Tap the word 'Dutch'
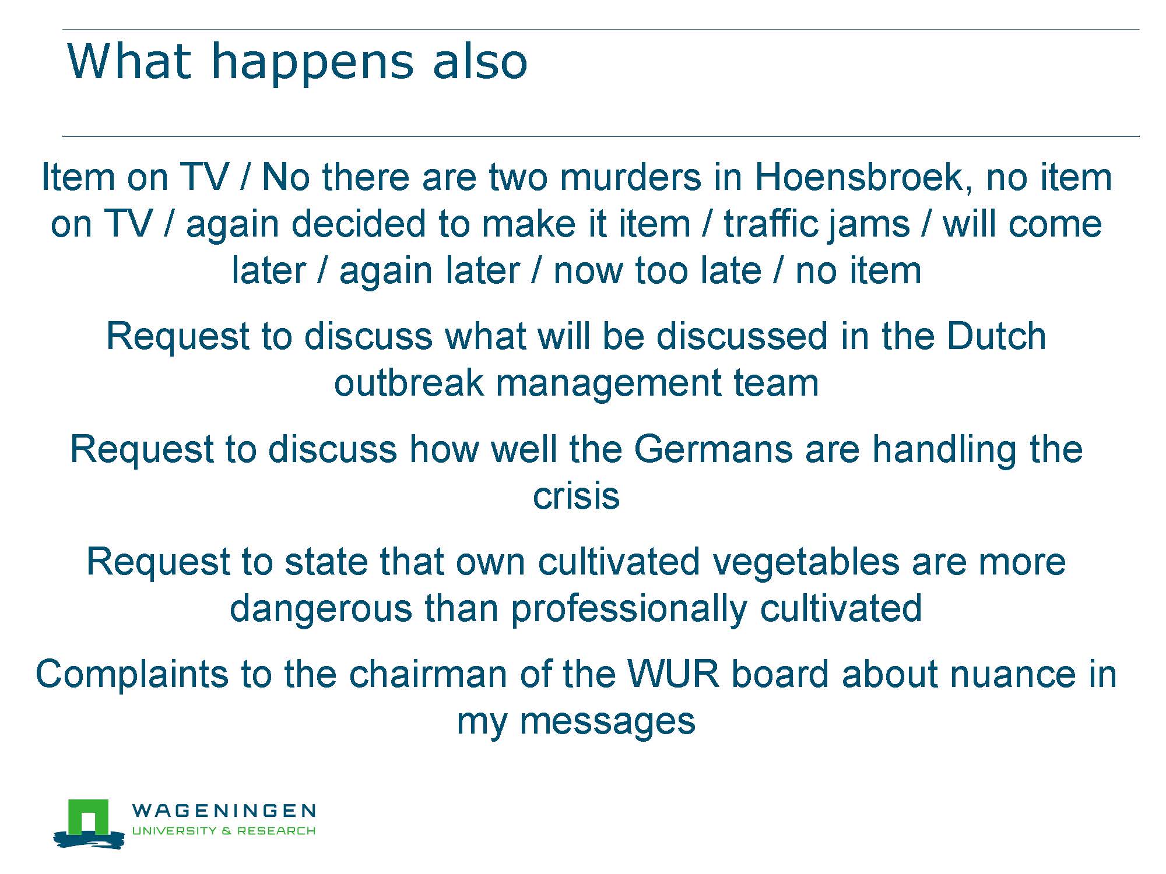996,336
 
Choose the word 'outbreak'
409,383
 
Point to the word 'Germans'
713,449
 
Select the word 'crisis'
576,496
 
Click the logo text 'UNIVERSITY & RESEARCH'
224,830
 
